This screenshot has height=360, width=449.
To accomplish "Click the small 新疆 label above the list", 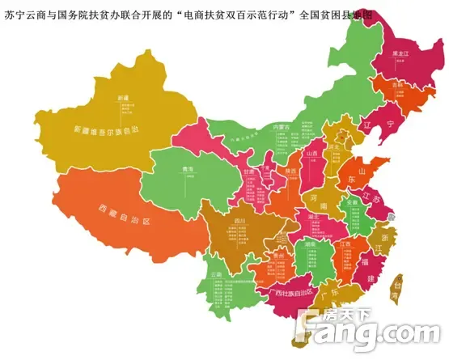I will point(122,97).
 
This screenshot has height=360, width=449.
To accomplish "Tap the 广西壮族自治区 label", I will point(294,291).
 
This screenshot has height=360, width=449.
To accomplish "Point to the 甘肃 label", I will point(228,172).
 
